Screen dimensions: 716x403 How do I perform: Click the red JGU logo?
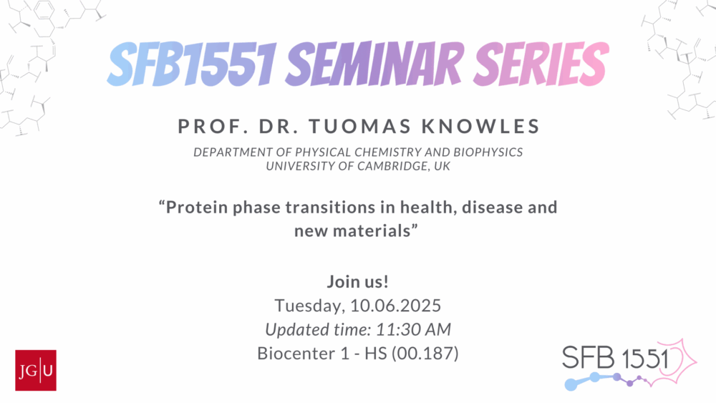[36, 370]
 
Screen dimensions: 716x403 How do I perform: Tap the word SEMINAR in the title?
[374, 64]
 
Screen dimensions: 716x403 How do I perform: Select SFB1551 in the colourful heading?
[192, 64]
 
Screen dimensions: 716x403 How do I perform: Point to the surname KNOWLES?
[481, 127]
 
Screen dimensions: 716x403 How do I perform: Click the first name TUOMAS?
[360, 127]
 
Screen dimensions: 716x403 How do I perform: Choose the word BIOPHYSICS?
[488, 152]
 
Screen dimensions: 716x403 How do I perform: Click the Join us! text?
[357, 281]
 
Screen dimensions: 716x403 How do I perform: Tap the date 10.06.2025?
[395, 306]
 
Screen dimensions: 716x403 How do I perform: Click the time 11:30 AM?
[413, 329]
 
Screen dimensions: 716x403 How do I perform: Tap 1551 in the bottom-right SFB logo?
[645, 359]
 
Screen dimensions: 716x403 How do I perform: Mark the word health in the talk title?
[429, 207]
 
